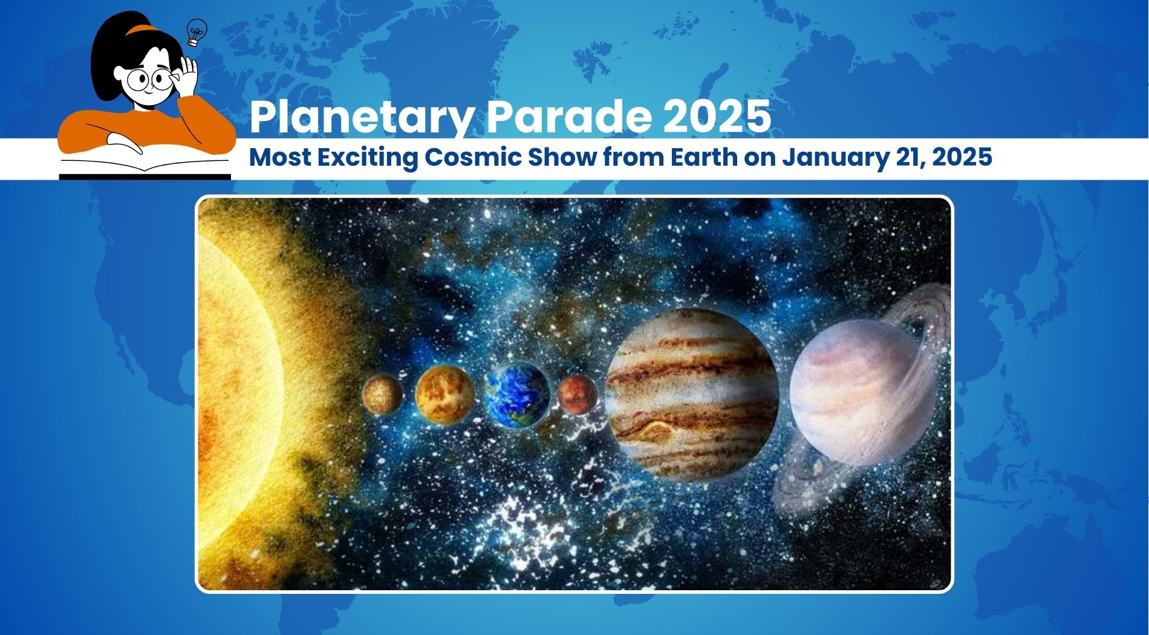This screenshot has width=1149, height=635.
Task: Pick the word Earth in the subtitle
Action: (x=704, y=158)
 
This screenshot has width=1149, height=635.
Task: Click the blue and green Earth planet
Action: (x=516, y=395)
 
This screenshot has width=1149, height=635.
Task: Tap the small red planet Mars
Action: (x=577, y=395)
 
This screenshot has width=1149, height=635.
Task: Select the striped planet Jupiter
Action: (x=692, y=394)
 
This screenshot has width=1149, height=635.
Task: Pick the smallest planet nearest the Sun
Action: (x=382, y=395)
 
